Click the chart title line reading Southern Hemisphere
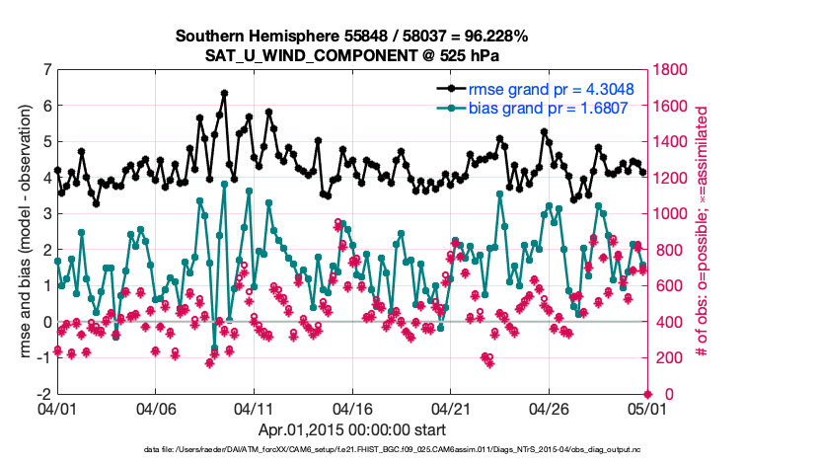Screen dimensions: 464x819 pyautogui.click(x=352, y=37)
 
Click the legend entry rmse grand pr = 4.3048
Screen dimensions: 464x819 pyautogui.click(x=550, y=90)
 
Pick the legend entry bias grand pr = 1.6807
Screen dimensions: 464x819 pyautogui.click(x=550, y=108)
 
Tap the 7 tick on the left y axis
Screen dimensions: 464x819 pyautogui.click(x=46, y=69)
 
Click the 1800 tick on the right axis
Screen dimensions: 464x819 pyautogui.click(x=671, y=69)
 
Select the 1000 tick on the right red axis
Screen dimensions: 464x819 pyautogui.click(x=671, y=213)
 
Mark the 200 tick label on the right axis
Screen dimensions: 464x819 pyautogui.click(x=667, y=357)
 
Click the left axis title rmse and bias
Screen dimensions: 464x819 pyautogui.click(x=20, y=231)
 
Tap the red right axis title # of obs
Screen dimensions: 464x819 pyautogui.click(x=704, y=231)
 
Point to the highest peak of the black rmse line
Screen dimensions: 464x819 pyautogui.click(x=225, y=94)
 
